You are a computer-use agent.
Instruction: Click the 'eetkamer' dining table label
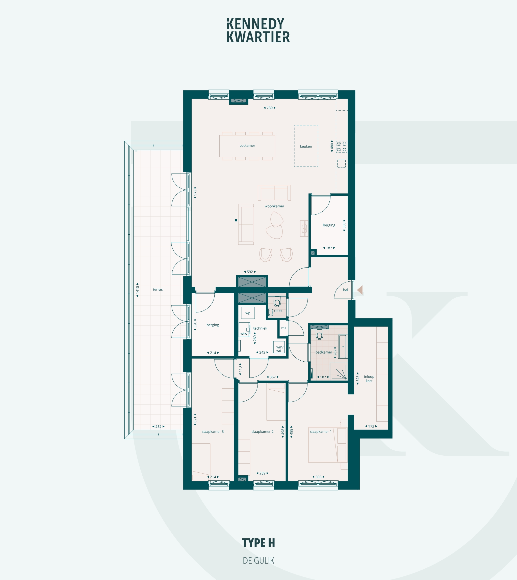247,146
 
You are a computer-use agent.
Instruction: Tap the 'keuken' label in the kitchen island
306,147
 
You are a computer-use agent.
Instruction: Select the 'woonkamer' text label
274,206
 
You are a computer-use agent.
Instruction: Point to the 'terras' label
158,289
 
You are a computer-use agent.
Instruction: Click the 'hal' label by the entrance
345,290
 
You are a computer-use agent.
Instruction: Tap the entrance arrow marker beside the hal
360,290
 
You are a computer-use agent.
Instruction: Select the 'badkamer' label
324,352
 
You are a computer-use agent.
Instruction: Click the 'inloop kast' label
369,379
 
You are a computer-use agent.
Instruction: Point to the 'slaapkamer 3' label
213,431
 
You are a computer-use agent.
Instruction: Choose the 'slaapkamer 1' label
321,431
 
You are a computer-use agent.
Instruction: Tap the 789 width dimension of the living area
270,108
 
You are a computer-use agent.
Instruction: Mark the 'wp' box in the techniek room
248,313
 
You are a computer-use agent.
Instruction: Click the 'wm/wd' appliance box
279,347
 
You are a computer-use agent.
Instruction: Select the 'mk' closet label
283,328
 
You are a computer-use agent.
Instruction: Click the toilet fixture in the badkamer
320,335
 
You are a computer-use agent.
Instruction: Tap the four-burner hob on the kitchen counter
342,147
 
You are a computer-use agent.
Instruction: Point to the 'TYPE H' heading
258,543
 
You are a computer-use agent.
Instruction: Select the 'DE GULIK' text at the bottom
258,561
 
